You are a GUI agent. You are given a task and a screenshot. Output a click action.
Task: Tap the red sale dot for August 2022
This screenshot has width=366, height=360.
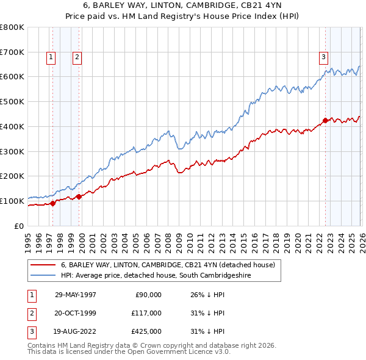[x=325, y=120]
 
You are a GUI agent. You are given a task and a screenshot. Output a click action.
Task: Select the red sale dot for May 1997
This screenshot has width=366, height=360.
[x=53, y=203]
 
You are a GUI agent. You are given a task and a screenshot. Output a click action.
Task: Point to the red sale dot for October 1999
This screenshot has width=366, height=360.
[x=79, y=196]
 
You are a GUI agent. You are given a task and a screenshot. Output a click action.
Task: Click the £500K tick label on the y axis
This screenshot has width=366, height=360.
[x=12, y=101]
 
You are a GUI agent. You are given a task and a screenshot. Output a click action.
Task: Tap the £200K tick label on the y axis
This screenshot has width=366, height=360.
[x=12, y=176]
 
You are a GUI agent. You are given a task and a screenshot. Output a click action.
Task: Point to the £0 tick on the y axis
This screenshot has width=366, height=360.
[x=20, y=226]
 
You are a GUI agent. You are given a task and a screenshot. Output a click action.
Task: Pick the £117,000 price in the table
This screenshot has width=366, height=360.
[x=146, y=313]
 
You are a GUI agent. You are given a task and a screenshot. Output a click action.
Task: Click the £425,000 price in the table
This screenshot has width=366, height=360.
[x=146, y=331]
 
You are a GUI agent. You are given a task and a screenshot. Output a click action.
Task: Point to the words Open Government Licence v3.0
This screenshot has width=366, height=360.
[x=184, y=352]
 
